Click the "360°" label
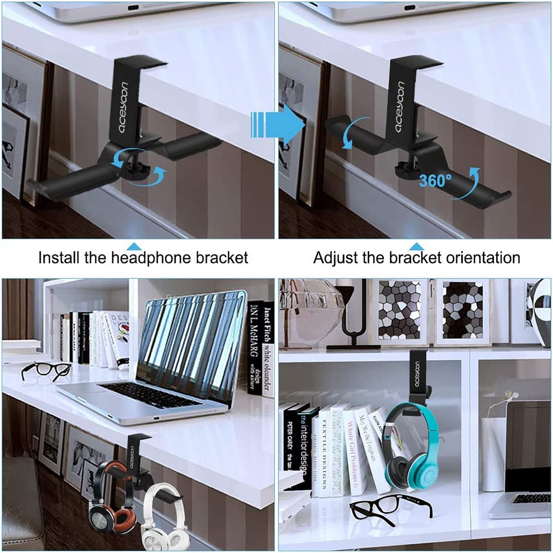pos(435,180)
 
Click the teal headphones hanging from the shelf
pos(411,448)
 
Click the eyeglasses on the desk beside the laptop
pos(46,370)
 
